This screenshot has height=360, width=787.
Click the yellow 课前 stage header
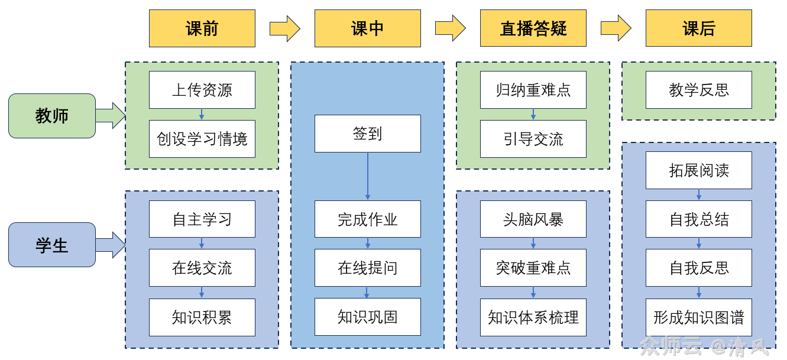[202, 28]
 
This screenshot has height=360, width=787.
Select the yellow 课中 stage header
[367, 28]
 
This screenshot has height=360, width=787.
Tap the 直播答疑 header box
[533, 28]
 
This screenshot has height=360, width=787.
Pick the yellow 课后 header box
[698, 28]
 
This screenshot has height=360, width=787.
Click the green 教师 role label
[52, 116]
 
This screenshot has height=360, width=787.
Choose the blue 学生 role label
[52, 245]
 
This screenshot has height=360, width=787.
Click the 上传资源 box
[202, 90]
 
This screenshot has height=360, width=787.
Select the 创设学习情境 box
[202, 140]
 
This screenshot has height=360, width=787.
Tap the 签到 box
[367, 134]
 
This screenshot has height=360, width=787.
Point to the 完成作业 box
[367, 219]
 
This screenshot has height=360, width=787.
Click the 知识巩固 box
[367, 317]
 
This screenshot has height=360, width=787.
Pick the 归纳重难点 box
[533, 90]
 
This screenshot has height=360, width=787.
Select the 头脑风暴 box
[533, 219]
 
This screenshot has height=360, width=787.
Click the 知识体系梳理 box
[533, 317]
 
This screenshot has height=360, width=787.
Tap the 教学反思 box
[698, 90]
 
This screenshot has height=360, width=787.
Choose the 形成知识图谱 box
[698, 317]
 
